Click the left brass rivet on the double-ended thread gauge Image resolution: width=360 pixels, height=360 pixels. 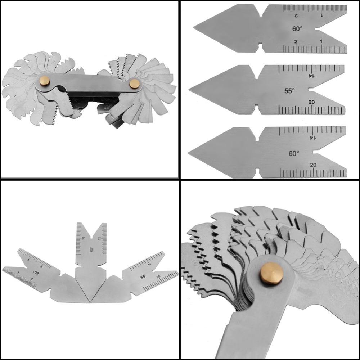coord(45,81)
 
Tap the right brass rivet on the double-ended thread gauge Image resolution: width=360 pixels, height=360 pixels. coord(135,84)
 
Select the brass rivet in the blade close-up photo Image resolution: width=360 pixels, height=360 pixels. coord(271,273)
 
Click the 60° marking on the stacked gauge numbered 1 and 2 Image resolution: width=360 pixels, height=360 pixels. coord(297,29)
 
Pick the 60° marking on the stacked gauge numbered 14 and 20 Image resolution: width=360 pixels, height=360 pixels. coord(294,153)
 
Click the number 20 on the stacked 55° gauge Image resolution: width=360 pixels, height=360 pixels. coord(312,102)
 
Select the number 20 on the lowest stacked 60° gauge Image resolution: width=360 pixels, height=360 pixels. coord(313,165)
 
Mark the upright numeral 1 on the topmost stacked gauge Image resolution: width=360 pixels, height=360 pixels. coord(321,41)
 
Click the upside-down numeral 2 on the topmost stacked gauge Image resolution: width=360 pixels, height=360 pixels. coord(296,15)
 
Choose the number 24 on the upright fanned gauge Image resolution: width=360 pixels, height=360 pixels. coord(84,238)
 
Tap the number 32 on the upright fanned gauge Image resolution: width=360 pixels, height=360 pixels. coord(99,238)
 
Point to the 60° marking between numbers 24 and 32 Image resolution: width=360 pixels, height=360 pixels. coord(91,249)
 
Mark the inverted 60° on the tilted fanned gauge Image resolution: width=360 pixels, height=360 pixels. coord(36,273)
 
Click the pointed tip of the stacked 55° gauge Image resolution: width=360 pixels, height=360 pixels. coord(190,90)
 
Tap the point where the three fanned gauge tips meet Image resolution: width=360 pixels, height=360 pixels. coord(89,302)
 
